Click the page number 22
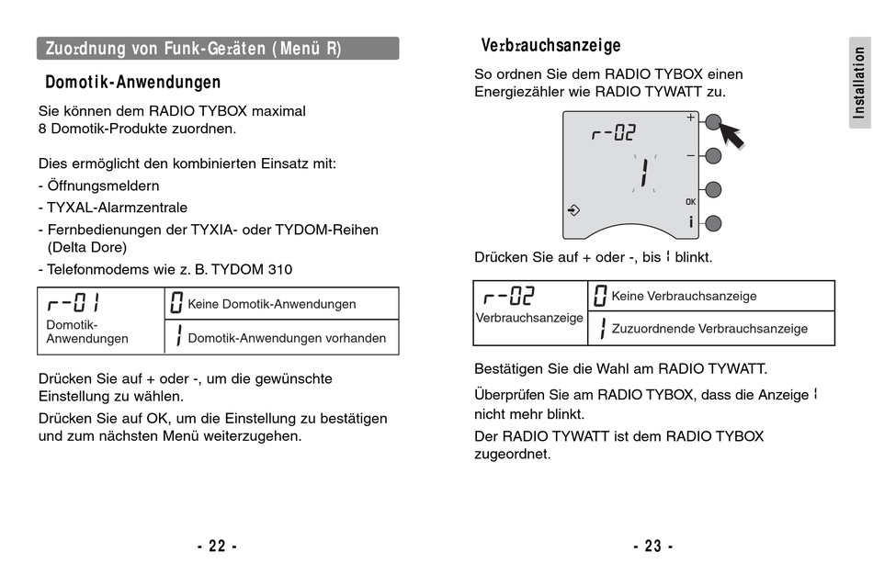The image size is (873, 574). [x=217, y=546]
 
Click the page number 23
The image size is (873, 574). [x=652, y=546]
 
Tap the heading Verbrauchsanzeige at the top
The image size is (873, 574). [x=550, y=45]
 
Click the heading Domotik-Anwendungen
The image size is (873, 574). [x=133, y=83]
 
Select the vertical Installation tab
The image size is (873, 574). [x=858, y=84]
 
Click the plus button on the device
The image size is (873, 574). [x=713, y=121]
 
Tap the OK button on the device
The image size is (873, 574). [x=713, y=190]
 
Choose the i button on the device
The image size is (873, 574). [x=713, y=222]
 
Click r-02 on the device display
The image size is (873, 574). [x=614, y=133]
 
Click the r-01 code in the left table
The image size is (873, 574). [x=74, y=303]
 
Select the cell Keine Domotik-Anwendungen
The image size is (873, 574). [x=271, y=304]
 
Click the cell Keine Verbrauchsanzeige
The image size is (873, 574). [x=684, y=296]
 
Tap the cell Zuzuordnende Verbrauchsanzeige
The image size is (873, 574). [x=709, y=328]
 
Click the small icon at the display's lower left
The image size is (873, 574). [x=574, y=210]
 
